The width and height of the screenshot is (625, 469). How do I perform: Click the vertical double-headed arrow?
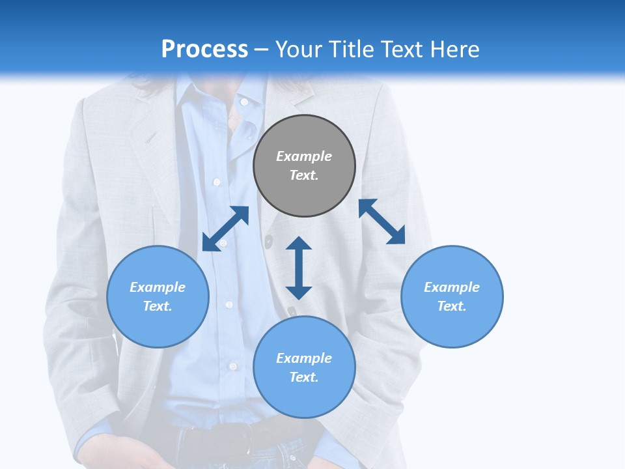click(x=299, y=268)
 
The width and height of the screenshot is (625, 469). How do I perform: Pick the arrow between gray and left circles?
click(x=225, y=229)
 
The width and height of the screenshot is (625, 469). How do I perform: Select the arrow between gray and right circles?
click(x=382, y=221)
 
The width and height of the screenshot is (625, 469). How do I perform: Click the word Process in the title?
click(x=204, y=49)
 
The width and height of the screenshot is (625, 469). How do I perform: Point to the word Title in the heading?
click(x=352, y=49)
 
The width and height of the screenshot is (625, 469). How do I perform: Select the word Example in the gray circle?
click(x=304, y=156)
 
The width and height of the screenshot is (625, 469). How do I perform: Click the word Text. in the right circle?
click(x=452, y=306)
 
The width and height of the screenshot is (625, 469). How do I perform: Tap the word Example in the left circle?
click(x=158, y=287)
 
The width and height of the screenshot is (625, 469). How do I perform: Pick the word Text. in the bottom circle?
click(x=304, y=377)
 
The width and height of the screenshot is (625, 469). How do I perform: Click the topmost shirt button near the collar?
click(x=244, y=102)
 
